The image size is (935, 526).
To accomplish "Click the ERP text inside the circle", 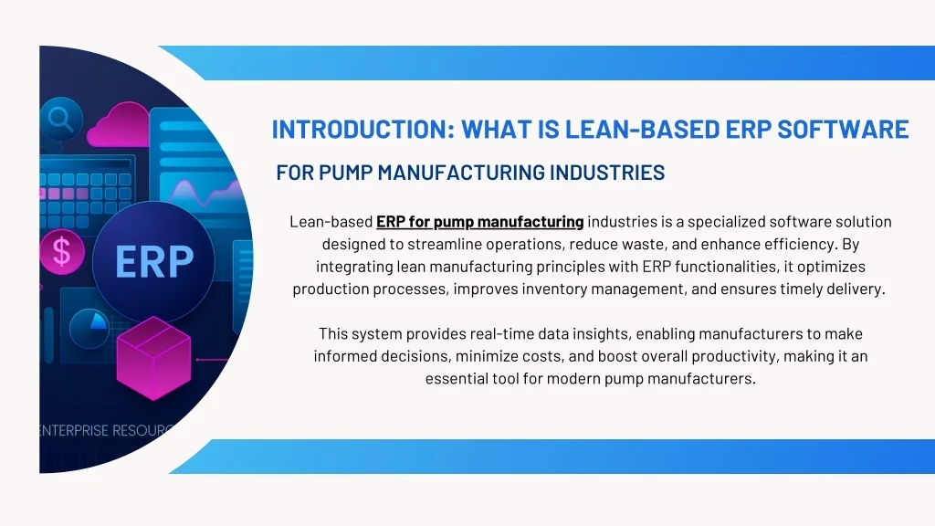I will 154,263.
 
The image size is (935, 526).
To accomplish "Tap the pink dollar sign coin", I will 62,251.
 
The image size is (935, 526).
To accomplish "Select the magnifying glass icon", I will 61,119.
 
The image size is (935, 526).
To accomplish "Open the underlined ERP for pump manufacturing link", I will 479,222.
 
